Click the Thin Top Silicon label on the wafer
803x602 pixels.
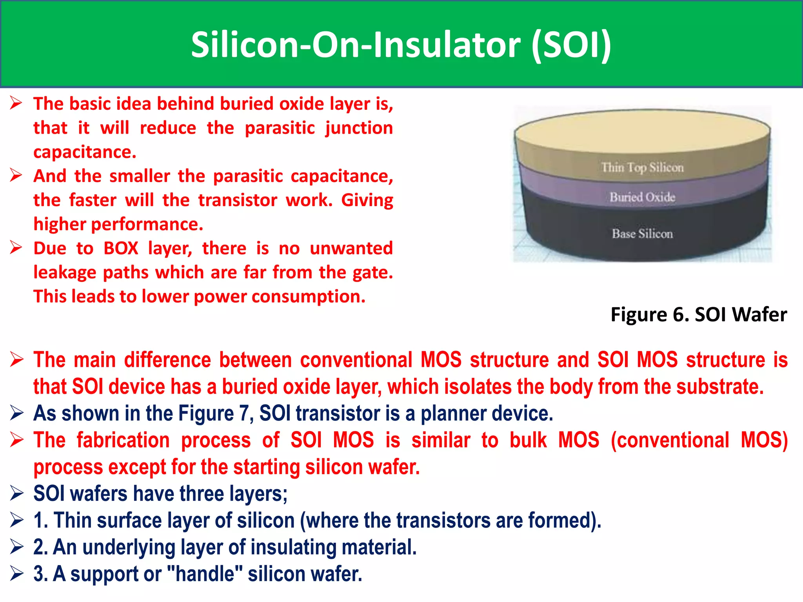[642, 167]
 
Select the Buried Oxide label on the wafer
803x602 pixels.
[642, 197]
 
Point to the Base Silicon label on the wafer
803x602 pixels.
[642, 234]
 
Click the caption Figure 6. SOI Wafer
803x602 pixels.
[698, 314]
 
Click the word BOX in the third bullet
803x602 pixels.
[121, 248]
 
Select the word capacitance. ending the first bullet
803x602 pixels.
[85, 152]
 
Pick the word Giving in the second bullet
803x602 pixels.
[367, 200]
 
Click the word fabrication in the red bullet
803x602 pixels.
[122, 440]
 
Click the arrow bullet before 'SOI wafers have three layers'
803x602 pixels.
[17, 493]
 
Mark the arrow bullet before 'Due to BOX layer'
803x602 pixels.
[16, 248]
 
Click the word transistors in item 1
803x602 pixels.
[443, 520]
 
